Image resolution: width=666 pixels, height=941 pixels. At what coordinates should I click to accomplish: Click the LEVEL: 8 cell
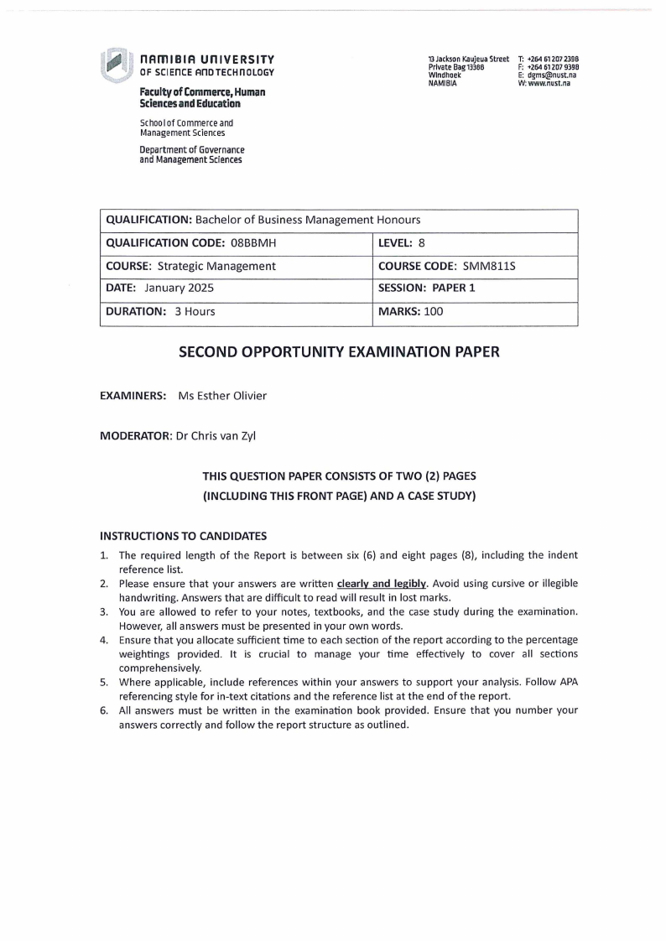point(403,243)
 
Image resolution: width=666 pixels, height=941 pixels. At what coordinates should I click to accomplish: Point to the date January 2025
point(179,289)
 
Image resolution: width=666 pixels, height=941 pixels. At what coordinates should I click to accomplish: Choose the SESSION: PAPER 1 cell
point(427,289)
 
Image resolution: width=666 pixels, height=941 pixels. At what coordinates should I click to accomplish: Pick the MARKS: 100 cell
point(411,311)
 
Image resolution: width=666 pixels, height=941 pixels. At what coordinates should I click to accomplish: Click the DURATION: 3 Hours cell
point(160,311)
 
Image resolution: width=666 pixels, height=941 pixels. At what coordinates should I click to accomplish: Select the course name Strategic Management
point(217,266)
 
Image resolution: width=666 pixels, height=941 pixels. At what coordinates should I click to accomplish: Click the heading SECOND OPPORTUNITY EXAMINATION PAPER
point(339,352)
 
